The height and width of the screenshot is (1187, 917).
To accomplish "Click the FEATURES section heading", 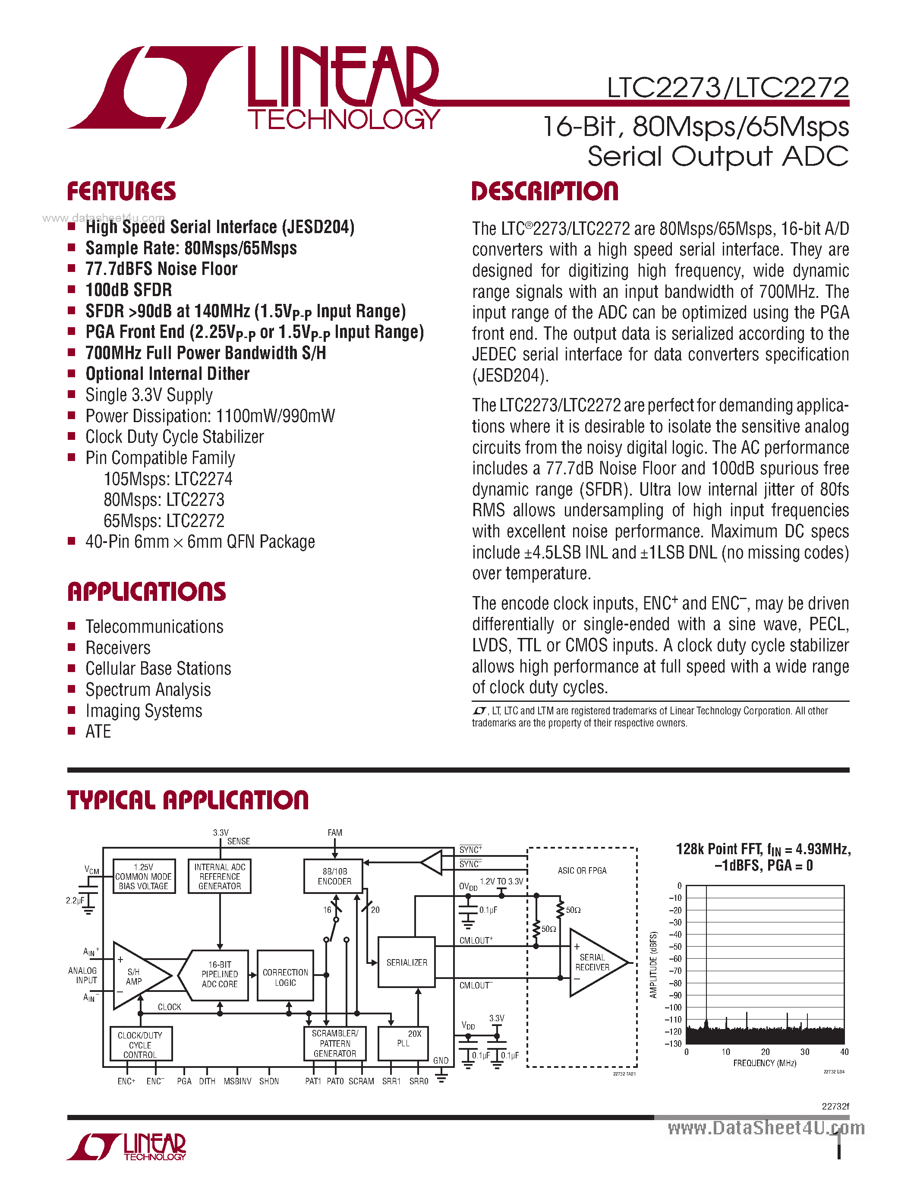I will coord(121,191).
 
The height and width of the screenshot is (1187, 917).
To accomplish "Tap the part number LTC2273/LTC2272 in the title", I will coord(728,88).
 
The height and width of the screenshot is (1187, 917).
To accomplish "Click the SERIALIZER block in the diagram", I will coord(407,962).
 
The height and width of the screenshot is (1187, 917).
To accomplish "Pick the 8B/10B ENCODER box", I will coord(334,876).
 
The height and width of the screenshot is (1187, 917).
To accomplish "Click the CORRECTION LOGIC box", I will coord(285,977).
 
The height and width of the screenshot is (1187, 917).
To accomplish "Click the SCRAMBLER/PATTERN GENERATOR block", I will coord(334,1043).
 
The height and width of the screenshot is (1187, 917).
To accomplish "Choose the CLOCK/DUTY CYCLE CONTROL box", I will coord(140,1045).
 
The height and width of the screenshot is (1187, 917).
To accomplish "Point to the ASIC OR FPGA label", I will coord(582,871).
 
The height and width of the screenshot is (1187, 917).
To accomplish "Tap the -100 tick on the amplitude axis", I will coord(673,1007).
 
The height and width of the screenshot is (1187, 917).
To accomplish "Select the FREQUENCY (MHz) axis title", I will coord(764,1063).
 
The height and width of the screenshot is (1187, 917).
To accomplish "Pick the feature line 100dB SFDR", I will coord(129,290).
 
